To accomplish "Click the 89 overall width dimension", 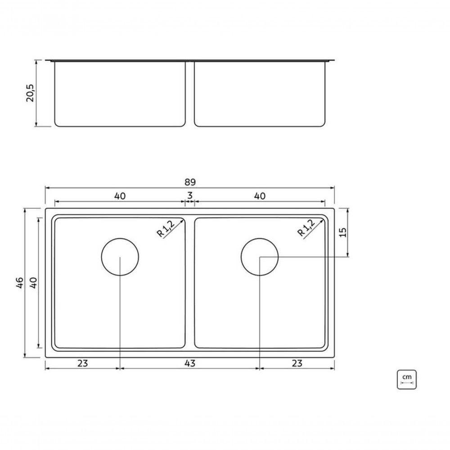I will (x=190, y=182).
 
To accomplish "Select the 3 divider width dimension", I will (x=190, y=195).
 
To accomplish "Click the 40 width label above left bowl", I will (x=120, y=196).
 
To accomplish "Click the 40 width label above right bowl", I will (x=260, y=196).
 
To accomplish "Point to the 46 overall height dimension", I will (x=19, y=283).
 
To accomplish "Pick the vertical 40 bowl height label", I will (x=32, y=283).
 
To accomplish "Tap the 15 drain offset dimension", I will (x=342, y=232).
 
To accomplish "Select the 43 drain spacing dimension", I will (x=190, y=363).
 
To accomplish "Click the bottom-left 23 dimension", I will (x=82, y=363).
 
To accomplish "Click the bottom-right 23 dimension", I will (x=297, y=363).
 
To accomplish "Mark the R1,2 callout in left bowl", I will (x=165, y=228).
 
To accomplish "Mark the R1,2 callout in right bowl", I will (x=306, y=228).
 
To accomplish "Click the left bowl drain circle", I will (x=120, y=256).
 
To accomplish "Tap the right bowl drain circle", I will (x=260, y=256).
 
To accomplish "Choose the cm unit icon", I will (x=407, y=379).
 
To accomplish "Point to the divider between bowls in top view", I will (x=190, y=283).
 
